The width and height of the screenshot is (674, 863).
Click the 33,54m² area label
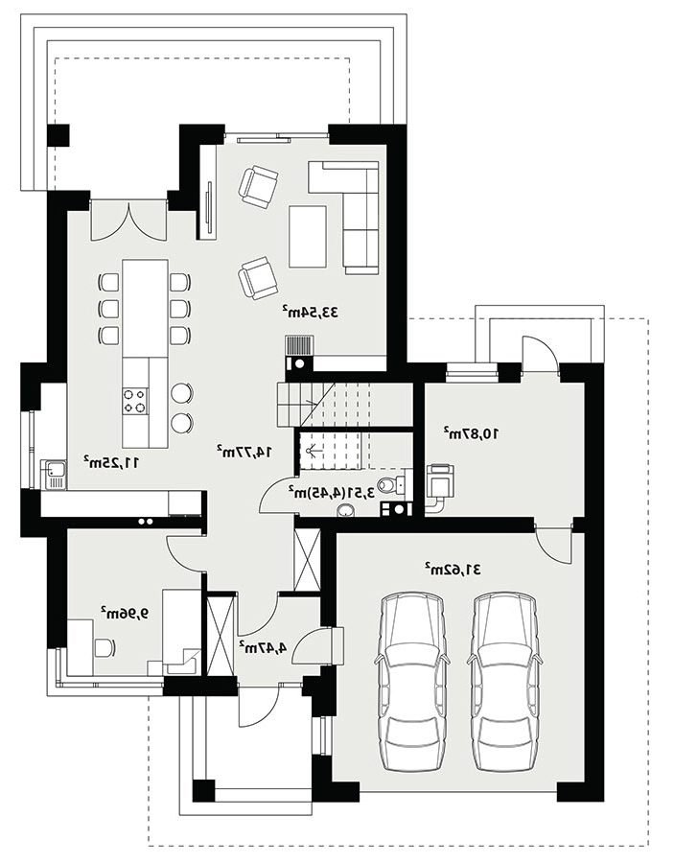(x=311, y=312)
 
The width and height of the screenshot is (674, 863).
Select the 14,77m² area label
(x=244, y=451)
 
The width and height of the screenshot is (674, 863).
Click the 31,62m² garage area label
(x=453, y=569)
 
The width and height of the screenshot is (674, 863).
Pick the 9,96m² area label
(x=125, y=613)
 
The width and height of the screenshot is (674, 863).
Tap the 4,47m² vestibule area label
(x=263, y=647)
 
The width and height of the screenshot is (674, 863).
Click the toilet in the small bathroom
(x=390, y=484)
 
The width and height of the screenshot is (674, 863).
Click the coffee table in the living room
(x=308, y=236)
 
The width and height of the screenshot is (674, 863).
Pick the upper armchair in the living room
(x=258, y=188)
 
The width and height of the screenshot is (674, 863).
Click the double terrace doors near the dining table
(x=128, y=221)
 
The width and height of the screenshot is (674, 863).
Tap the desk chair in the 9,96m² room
(x=105, y=647)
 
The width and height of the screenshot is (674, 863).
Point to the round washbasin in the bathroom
(x=346, y=510)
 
